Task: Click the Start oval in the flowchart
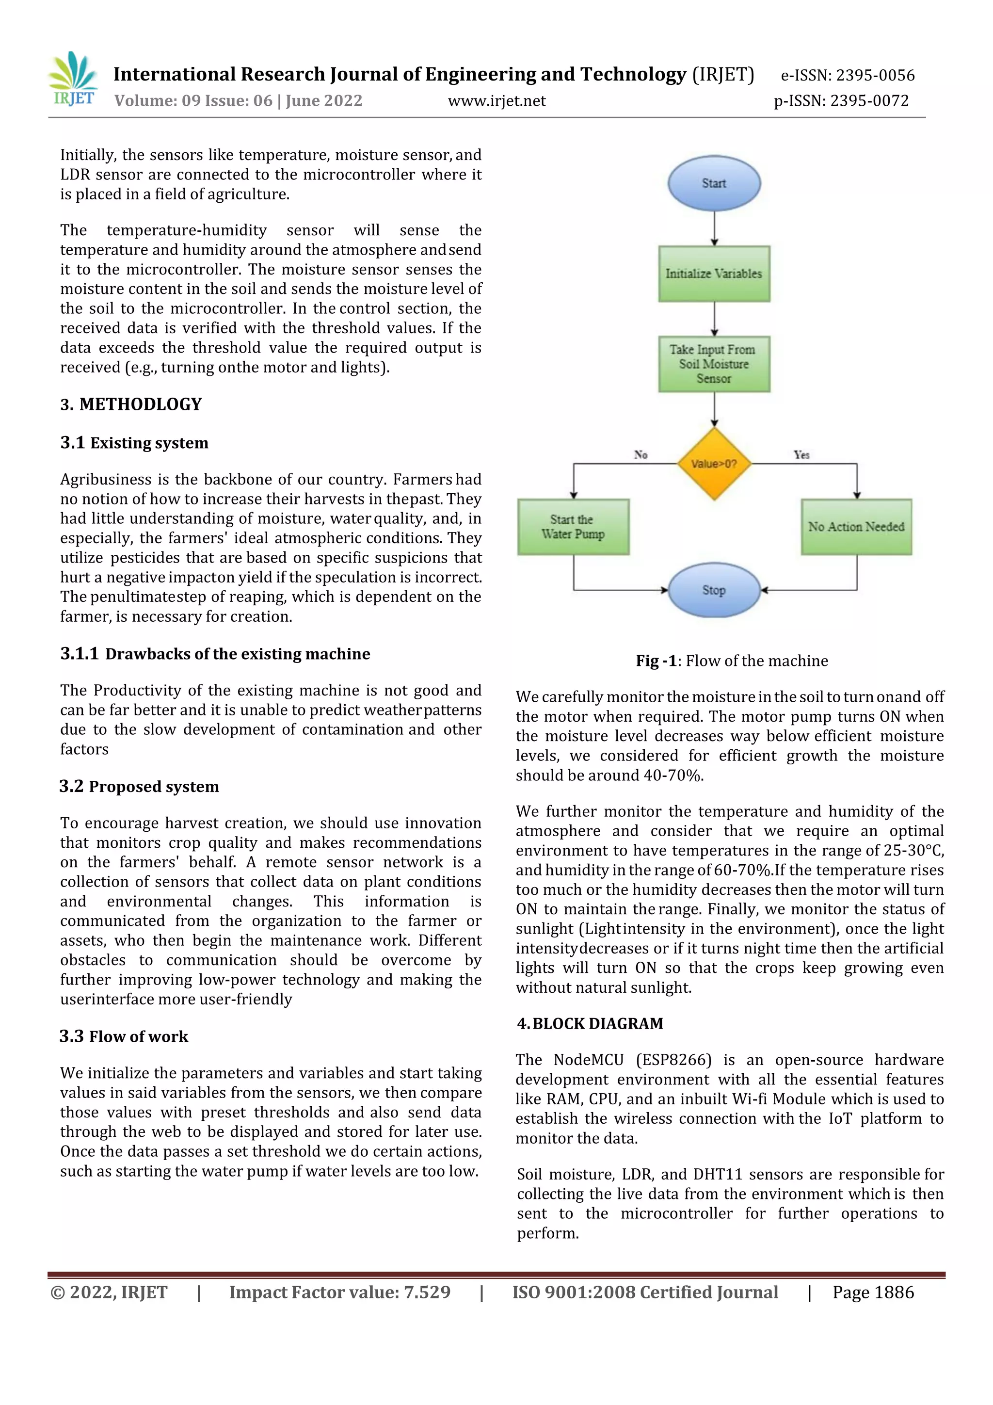713,183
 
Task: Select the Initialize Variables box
713,274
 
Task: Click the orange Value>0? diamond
713,463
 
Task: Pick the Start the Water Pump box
573,527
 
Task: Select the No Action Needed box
855,527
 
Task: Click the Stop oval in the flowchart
713,590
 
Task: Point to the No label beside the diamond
641,454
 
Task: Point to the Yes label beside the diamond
801,454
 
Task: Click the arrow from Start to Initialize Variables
714,228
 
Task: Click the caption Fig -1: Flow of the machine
731,661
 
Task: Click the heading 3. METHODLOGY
131,404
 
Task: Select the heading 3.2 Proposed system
139,786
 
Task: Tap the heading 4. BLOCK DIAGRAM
590,1024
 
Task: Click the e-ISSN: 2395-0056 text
848,75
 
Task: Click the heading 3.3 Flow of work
124,1036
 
